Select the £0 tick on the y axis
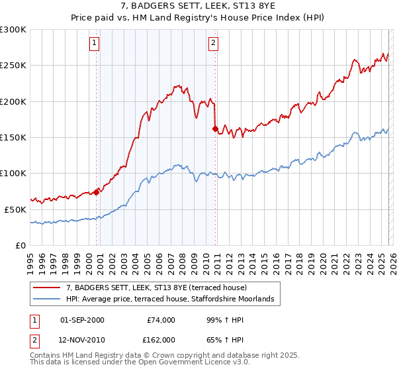point(21,245)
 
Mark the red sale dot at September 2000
point(97,192)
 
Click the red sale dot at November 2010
point(215,129)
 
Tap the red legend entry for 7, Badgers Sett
point(156,288)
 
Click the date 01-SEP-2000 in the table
point(82,320)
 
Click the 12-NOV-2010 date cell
point(82,339)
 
